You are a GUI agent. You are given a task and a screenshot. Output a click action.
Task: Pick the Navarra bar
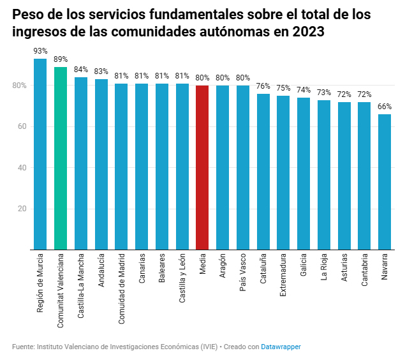tap(385, 182)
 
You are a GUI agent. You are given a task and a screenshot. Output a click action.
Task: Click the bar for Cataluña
tap(263, 172)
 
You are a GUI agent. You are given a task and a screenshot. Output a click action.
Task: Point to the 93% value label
tap(40, 50)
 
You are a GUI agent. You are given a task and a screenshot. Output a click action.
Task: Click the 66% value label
tap(385, 107)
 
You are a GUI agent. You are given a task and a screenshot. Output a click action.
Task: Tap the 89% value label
tap(61, 59)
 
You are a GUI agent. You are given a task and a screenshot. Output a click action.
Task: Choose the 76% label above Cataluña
tap(263, 86)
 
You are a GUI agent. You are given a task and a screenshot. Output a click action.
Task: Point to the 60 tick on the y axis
tap(21, 126)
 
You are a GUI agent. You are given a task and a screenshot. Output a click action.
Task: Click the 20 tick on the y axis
tap(21, 209)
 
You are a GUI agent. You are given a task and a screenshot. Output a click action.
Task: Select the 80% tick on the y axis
tap(19, 86)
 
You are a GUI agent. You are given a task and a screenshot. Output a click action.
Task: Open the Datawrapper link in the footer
tap(281, 347)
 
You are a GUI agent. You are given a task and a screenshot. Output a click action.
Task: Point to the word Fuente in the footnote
tap(24, 347)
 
